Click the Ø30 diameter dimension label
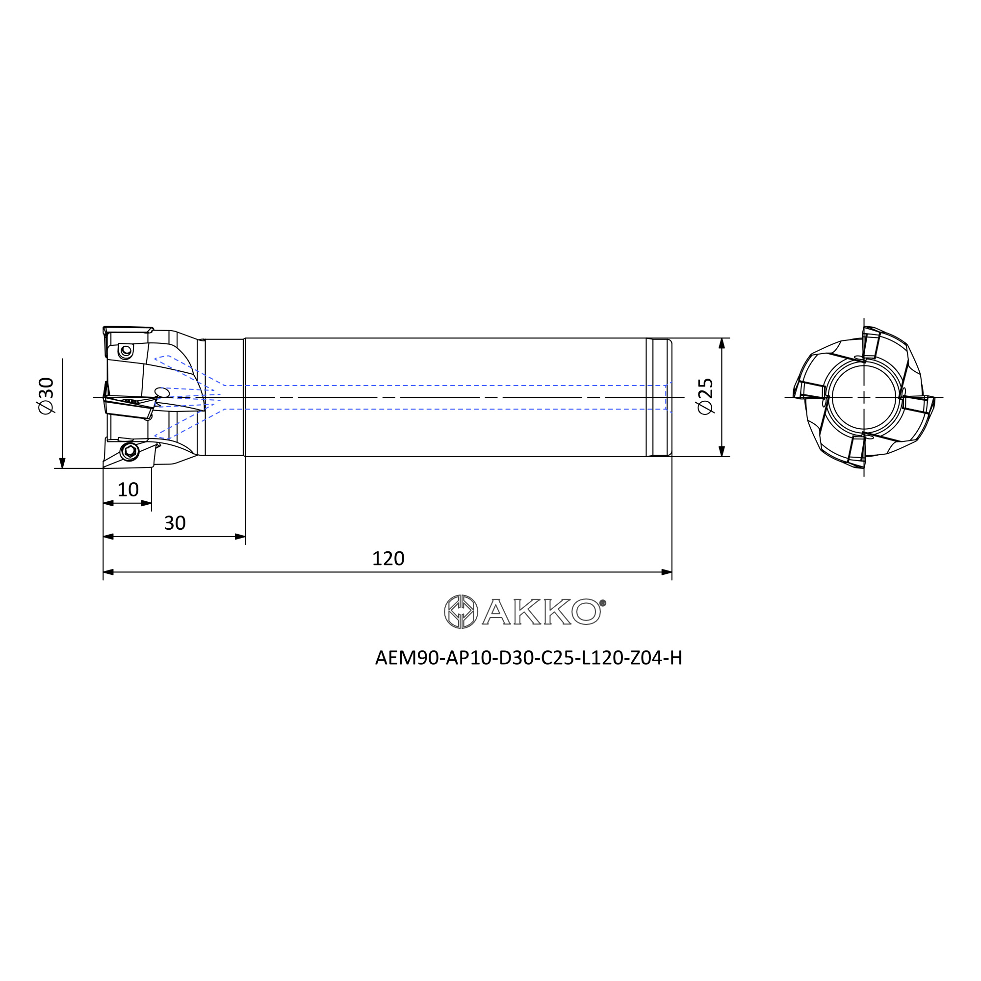coord(46,396)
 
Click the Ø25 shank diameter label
coord(706,396)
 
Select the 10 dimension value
coord(128,490)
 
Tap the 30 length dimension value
coord(175,523)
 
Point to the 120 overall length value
coord(388,559)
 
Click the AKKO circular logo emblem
coord(461,612)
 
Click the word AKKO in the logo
coord(542,612)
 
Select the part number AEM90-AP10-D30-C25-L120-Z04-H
coord(529,658)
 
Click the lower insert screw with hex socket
coord(130,451)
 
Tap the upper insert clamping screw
coord(126,351)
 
